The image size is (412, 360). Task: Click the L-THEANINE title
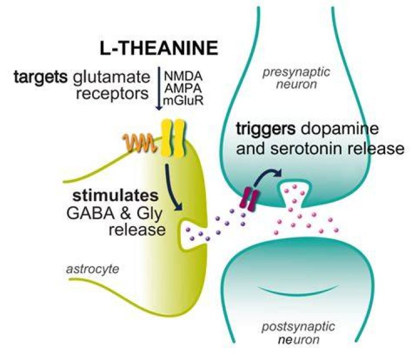coord(159,48)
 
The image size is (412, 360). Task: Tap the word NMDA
coord(184,77)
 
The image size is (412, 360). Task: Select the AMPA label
coord(183,89)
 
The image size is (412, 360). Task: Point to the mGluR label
coord(184,101)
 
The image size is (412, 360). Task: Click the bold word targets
coord(41,77)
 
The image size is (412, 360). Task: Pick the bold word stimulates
coord(116,196)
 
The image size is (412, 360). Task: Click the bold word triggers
coord(266,129)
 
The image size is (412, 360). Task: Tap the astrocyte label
coord(93,269)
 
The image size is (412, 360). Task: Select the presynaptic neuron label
coord(296,78)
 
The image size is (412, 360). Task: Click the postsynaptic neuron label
coord(299,333)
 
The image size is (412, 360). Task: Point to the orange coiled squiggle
coord(139,143)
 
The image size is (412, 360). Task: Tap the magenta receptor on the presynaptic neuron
coord(249,199)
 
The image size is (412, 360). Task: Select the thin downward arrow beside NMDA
coord(159,89)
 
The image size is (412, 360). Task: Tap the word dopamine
coord(339,129)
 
